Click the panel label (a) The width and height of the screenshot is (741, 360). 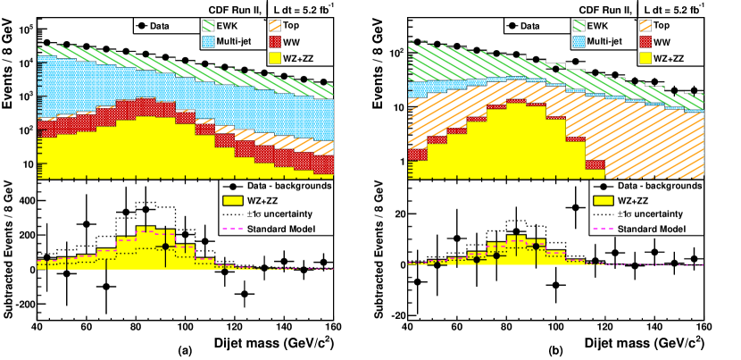click(185, 349)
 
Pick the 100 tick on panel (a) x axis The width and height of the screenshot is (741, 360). click(185, 326)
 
